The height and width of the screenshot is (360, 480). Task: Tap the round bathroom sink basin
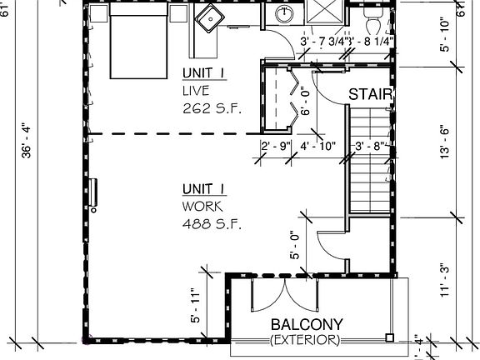click(285, 13)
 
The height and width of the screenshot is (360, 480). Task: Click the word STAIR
click(370, 94)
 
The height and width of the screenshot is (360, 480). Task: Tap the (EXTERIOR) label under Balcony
click(305, 340)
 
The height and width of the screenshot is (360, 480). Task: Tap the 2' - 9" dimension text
click(275, 147)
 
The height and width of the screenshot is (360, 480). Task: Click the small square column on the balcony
click(389, 337)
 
